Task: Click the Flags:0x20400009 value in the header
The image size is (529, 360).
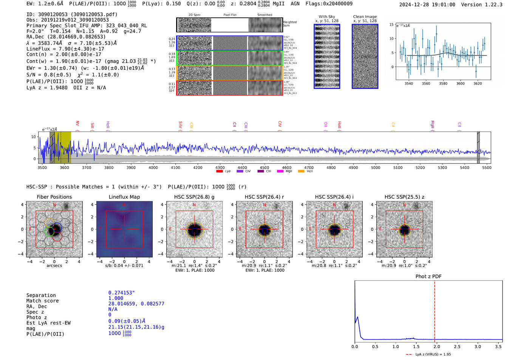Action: (329, 4)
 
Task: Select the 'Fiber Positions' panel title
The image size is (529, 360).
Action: (54, 197)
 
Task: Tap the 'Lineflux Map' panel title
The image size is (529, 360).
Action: (124, 197)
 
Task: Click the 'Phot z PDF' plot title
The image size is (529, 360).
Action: (428, 277)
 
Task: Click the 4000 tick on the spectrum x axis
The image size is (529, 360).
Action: (153, 168)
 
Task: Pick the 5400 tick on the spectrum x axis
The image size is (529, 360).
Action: (464, 168)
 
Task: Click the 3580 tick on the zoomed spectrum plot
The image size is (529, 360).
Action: (443, 83)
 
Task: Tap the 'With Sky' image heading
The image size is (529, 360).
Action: (327, 17)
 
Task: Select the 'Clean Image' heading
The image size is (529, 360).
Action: (365, 17)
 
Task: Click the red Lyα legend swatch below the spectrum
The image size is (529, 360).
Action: (220, 172)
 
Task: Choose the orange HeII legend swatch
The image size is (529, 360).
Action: (301, 172)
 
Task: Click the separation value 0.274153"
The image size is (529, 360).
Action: (121, 293)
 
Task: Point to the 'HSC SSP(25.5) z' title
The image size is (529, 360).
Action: (404, 197)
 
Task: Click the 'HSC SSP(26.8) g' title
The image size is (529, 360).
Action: (194, 197)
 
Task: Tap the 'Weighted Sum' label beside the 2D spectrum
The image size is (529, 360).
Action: (289, 24)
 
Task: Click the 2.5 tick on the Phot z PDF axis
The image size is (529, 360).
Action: (457, 346)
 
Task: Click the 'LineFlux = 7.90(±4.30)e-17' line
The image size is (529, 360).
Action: (65, 49)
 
